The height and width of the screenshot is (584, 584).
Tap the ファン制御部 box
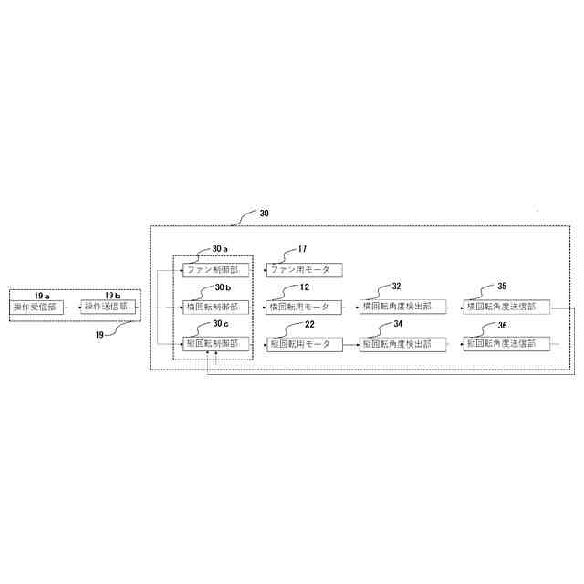pos(214,270)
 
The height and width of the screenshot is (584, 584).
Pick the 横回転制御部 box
pos(214,308)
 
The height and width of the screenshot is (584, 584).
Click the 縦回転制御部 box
pos(214,344)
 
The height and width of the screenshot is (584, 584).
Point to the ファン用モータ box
pos(304,270)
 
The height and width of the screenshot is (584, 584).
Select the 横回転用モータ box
pos(304,308)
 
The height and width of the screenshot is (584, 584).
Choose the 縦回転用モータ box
pos(304,344)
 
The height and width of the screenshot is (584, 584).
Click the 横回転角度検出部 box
pos(402,308)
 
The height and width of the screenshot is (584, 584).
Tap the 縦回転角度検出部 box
pos(402,344)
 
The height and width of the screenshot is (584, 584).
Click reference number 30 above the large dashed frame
pos(264,214)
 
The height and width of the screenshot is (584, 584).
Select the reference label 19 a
pos(42,296)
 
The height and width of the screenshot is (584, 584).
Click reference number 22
pos(309,324)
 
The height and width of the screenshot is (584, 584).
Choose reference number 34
pos(397,324)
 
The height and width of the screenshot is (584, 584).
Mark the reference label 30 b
pos(223,288)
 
